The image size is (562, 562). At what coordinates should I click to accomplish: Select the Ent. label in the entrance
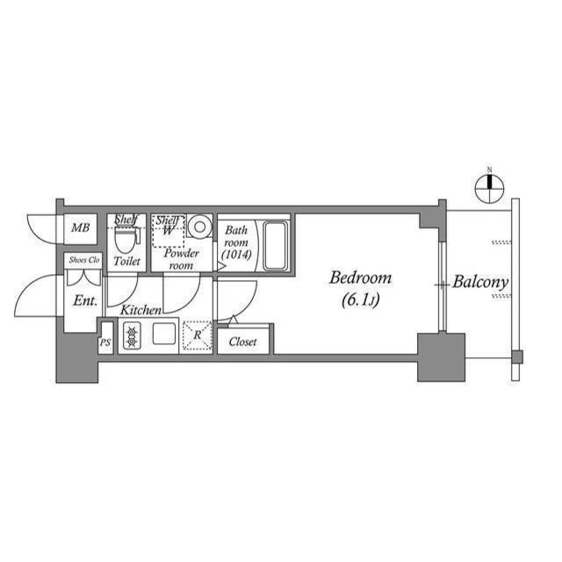coord(84,301)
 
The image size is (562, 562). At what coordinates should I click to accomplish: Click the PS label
coord(105,342)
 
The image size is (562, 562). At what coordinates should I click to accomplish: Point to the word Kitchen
coord(140,310)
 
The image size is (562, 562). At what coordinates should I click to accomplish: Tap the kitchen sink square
coord(164,335)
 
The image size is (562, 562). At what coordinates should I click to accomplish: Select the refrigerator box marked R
coord(198,335)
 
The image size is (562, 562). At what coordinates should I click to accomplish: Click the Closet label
coord(242,342)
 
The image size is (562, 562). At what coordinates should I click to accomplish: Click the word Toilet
coord(127,262)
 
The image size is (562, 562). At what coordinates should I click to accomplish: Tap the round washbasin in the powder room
coord(199,227)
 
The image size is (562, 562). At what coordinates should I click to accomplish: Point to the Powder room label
coord(181,259)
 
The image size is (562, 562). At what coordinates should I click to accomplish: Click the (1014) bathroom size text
coord(236,255)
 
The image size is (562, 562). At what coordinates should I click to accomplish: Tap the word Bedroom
coord(361,278)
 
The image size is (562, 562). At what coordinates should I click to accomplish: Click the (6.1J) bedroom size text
coord(361,301)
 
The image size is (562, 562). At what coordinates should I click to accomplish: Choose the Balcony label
coord(481,283)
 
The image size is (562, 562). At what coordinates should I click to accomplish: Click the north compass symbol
coord(490,185)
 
